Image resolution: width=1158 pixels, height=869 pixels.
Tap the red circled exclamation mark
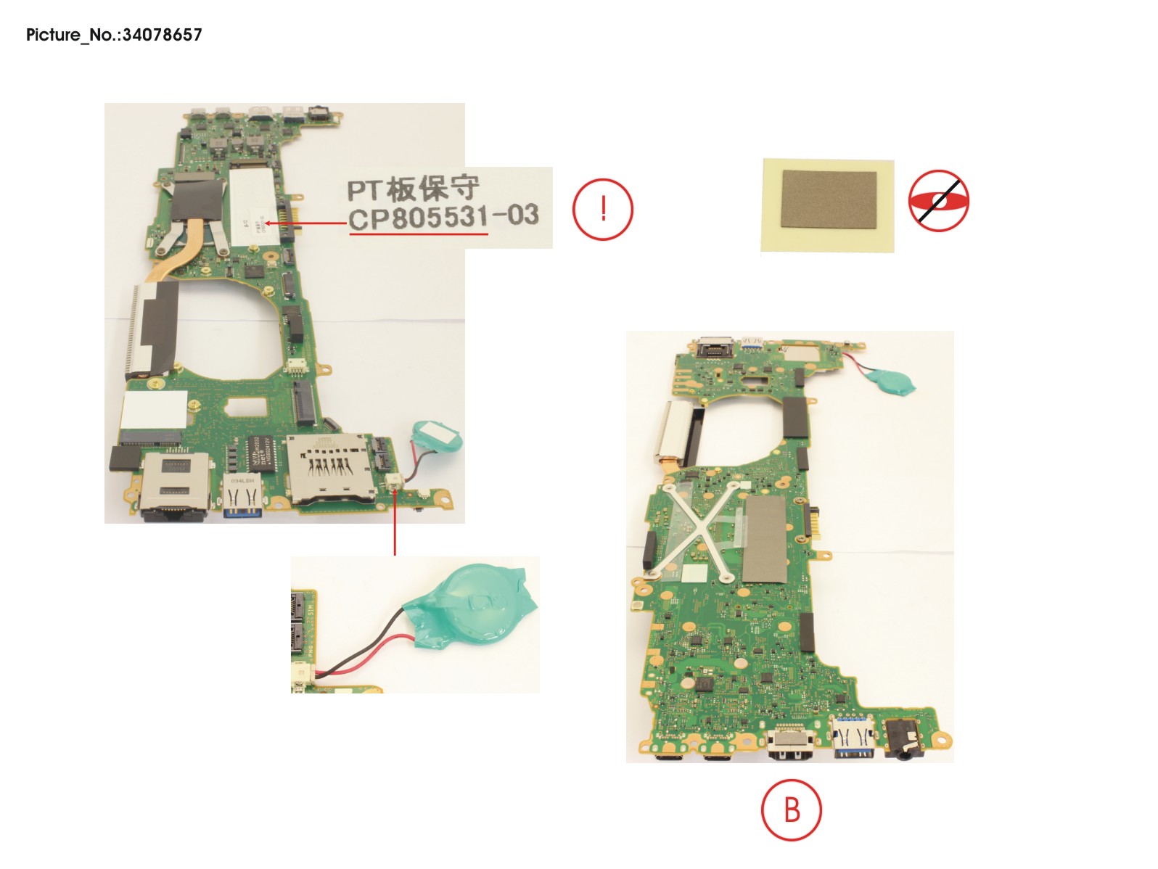(x=603, y=210)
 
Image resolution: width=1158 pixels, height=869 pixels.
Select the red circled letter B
(x=792, y=810)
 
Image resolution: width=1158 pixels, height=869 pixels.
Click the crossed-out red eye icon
(x=938, y=201)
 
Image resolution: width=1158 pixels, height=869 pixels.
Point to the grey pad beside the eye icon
(x=829, y=206)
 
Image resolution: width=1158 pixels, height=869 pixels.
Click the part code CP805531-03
(x=443, y=217)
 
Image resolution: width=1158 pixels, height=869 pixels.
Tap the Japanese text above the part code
(x=413, y=188)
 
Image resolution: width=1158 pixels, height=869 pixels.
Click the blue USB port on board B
(x=855, y=741)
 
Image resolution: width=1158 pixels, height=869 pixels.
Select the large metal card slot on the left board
(x=331, y=468)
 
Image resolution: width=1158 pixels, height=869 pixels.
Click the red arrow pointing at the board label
(x=305, y=223)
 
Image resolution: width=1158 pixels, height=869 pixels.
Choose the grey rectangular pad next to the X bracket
(x=765, y=538)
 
